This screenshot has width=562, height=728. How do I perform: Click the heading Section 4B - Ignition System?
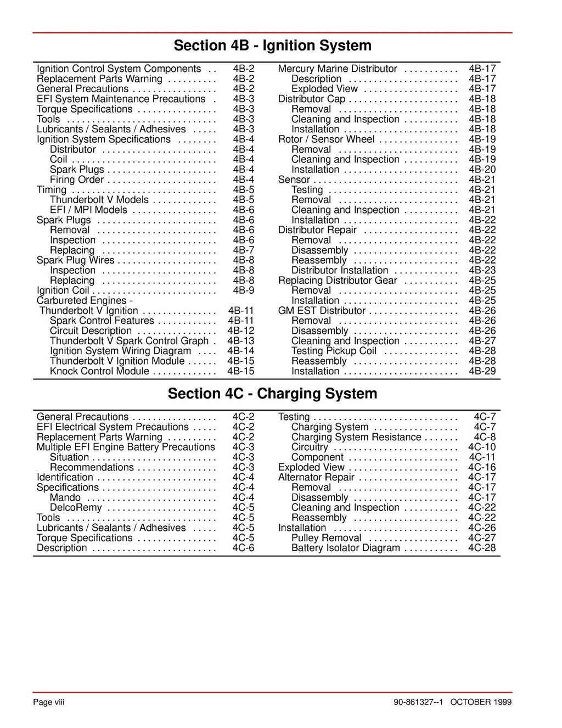click(272, 46)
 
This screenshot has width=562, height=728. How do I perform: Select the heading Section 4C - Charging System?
click(272, 394)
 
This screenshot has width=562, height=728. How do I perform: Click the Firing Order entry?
click(77, 180)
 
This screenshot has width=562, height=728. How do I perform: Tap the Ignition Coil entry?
click(63, 291)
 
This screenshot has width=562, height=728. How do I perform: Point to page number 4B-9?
click(243, 291)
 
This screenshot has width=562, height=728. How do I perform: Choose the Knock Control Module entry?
click(99, 372)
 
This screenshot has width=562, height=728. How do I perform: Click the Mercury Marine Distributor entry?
click(338, 69)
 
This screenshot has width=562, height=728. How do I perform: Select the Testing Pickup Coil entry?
click(334, 351)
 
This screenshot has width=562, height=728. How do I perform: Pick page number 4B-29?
click(482, 372)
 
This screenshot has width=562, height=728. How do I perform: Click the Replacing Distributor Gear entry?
click(338, 281)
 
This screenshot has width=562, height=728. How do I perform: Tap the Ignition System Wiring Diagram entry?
click(121, 351)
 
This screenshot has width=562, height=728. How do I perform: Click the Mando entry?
click(65, 498)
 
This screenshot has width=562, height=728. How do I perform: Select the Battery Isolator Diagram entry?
click(346, 548)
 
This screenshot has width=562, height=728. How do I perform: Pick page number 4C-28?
click(481, 548)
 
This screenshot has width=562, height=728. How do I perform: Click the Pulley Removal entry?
click(327, 538)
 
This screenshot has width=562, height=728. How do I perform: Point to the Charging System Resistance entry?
click(356, 438)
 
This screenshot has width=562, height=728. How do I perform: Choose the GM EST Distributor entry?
click(322, 311)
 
